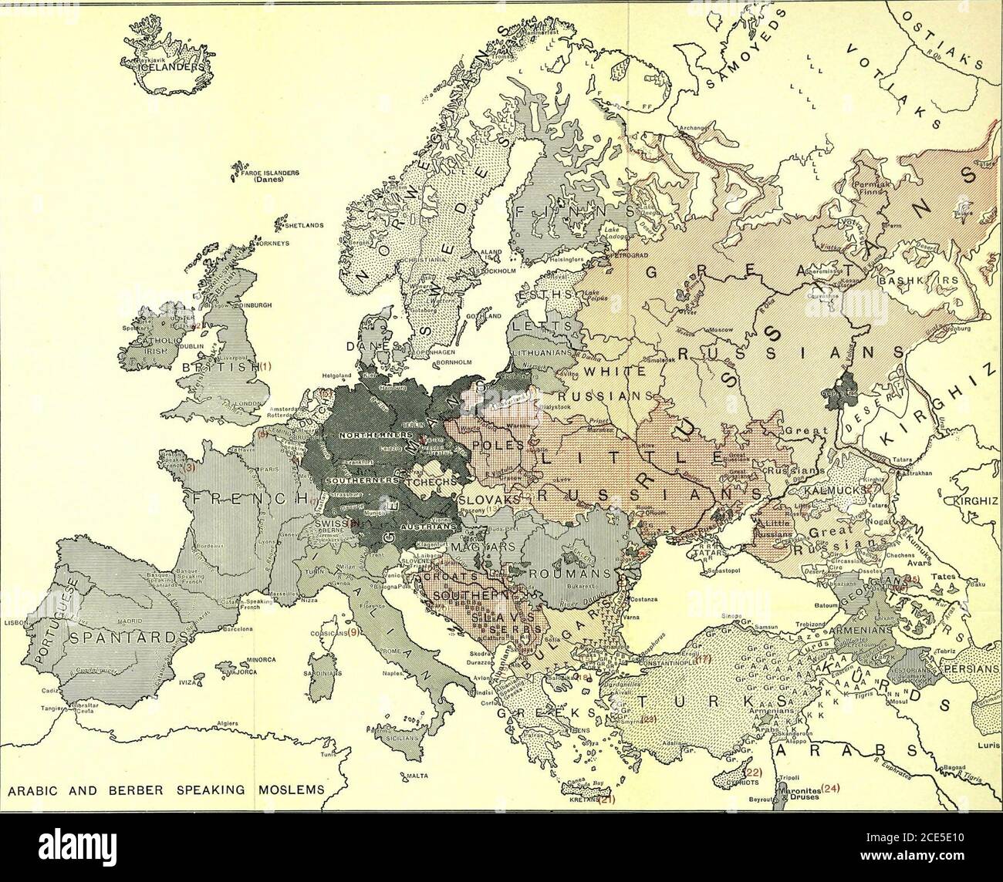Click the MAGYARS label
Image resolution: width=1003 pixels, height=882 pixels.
tap(501, 547)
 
